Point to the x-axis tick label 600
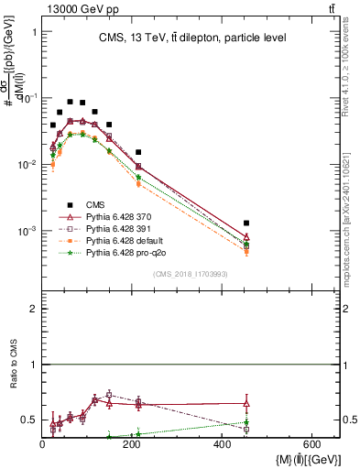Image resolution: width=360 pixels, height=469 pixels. tap(311, 444)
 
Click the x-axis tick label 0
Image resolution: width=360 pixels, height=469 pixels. tap(42, 444)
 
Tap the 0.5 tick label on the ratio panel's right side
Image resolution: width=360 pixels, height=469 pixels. tap(349, 420)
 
